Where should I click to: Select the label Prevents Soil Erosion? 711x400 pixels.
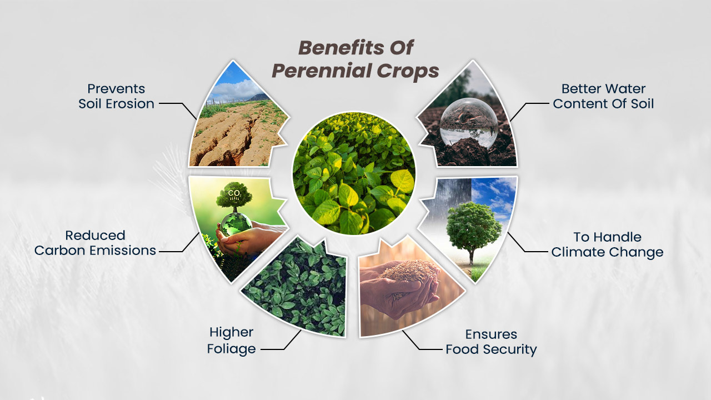click(116, 96)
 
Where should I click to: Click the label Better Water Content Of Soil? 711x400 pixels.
click(603, 96)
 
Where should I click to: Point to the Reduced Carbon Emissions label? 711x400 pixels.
click(95, 243)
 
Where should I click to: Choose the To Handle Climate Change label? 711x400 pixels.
click(607, 244)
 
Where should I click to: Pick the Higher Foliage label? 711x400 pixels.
click(232, 341)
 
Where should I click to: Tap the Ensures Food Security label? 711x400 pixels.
click(491, 342)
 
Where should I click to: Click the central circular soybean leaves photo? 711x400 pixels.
click(354, 173)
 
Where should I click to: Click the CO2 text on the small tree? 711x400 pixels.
click(234, 193)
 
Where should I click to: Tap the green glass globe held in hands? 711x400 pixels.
click(236, 223)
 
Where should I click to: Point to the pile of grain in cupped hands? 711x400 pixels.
click(408, 272)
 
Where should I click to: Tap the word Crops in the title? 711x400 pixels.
click(408, 71)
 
